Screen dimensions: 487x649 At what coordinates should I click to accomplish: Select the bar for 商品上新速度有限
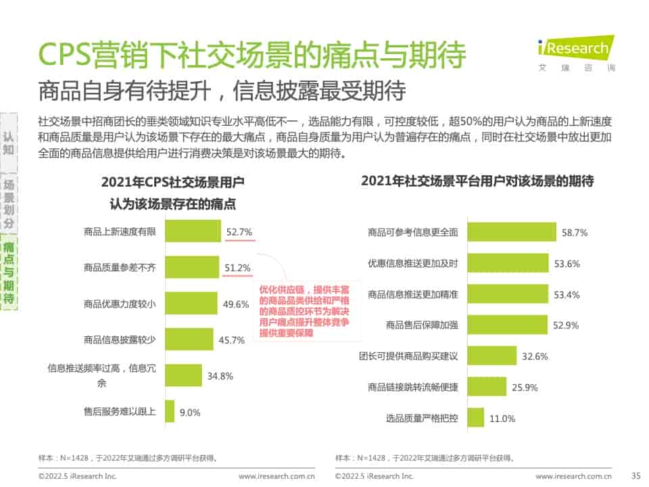point(193,231)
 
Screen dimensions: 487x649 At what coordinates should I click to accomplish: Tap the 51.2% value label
point(237,268)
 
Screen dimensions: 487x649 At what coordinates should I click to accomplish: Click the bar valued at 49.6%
point(191,304)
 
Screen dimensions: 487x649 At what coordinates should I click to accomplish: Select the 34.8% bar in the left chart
point(183,375)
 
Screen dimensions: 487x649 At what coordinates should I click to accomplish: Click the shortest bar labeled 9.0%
point(170,411)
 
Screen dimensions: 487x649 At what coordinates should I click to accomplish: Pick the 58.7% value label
point(574,232)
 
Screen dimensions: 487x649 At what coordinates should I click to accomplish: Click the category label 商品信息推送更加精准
point(412,294)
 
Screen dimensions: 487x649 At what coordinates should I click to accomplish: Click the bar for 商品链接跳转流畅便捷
point(487,387)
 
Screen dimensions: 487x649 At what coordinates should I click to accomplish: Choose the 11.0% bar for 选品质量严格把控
point(476,418)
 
